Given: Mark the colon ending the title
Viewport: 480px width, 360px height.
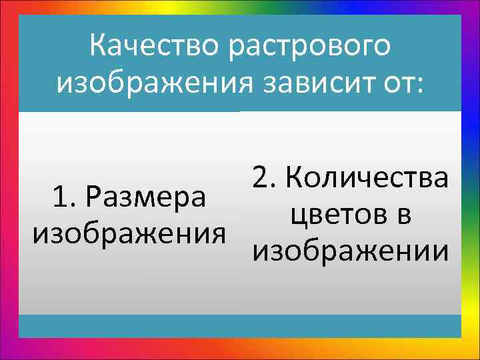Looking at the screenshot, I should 419,85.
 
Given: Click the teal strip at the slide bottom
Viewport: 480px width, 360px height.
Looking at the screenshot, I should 240,326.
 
